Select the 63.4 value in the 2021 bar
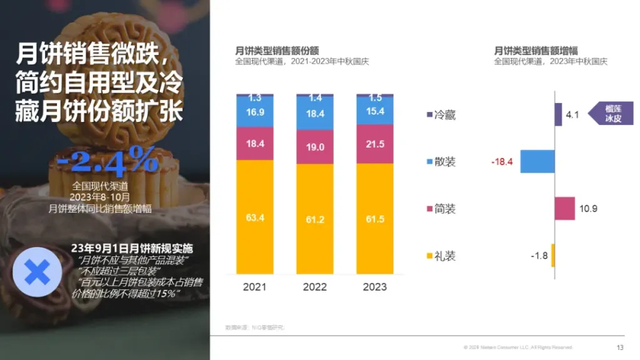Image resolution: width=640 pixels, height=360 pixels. [254, 217]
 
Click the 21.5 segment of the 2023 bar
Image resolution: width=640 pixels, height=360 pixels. [374, 144]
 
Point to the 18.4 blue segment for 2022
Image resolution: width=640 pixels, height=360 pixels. [314, 114]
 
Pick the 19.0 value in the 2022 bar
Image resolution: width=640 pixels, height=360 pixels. [314, 147]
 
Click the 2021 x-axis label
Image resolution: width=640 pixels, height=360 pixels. [254, 287]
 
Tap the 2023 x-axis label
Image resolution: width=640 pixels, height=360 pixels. [374, 287]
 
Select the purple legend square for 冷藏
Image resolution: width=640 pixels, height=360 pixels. [429, 115]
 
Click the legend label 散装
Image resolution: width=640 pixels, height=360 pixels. [445, 162]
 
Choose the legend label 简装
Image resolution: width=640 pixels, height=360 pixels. [445, 209]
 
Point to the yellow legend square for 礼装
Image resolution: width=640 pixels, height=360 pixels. [429, 256]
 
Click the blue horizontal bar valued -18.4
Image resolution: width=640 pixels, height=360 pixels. [537, 161]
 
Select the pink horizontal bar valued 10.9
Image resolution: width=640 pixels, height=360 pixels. [564, 208]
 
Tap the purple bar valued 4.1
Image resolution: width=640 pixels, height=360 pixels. [558, 114]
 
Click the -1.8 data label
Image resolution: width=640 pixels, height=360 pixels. [539, 256]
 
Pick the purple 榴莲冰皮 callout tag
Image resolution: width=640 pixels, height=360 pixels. [612, 113]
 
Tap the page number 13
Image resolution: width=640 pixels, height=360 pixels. [619, 347]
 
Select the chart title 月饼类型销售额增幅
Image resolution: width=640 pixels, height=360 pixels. [536, 51]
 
